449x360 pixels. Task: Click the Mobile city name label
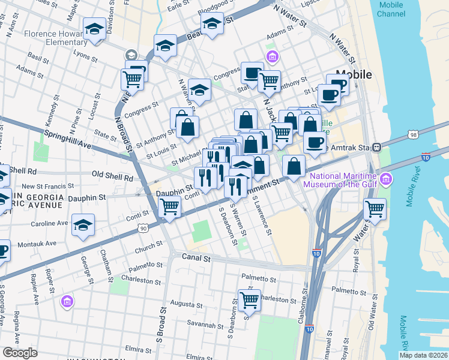(x=354, y=75)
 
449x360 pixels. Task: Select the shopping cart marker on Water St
(x=375, y=210)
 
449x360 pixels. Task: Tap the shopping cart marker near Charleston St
(x=249, y=299)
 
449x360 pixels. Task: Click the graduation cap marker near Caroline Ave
(x=82, y=225)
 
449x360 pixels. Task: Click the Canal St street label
(x=196, y=259)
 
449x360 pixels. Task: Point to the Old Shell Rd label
(x=112, y=177)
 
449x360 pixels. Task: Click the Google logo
(x=19, y=353)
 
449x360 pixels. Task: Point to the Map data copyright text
(x=423, y=355)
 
